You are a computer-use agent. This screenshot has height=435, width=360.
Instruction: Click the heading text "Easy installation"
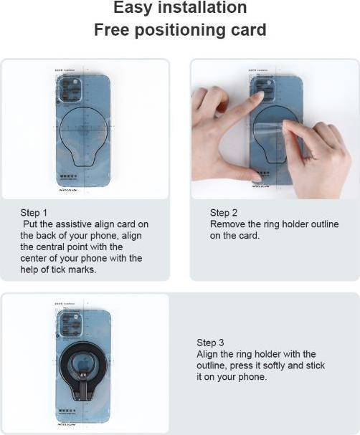180,9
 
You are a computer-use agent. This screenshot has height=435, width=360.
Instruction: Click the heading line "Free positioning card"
180,31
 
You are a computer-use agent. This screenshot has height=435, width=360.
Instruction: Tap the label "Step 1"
35,213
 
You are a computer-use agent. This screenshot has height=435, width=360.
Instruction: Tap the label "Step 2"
224,213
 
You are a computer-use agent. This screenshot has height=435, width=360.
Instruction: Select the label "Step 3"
212,343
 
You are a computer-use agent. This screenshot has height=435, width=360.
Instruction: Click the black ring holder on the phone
83,365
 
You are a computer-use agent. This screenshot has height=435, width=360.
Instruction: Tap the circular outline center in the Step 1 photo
83,132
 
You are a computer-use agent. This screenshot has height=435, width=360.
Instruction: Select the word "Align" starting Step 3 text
209,354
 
